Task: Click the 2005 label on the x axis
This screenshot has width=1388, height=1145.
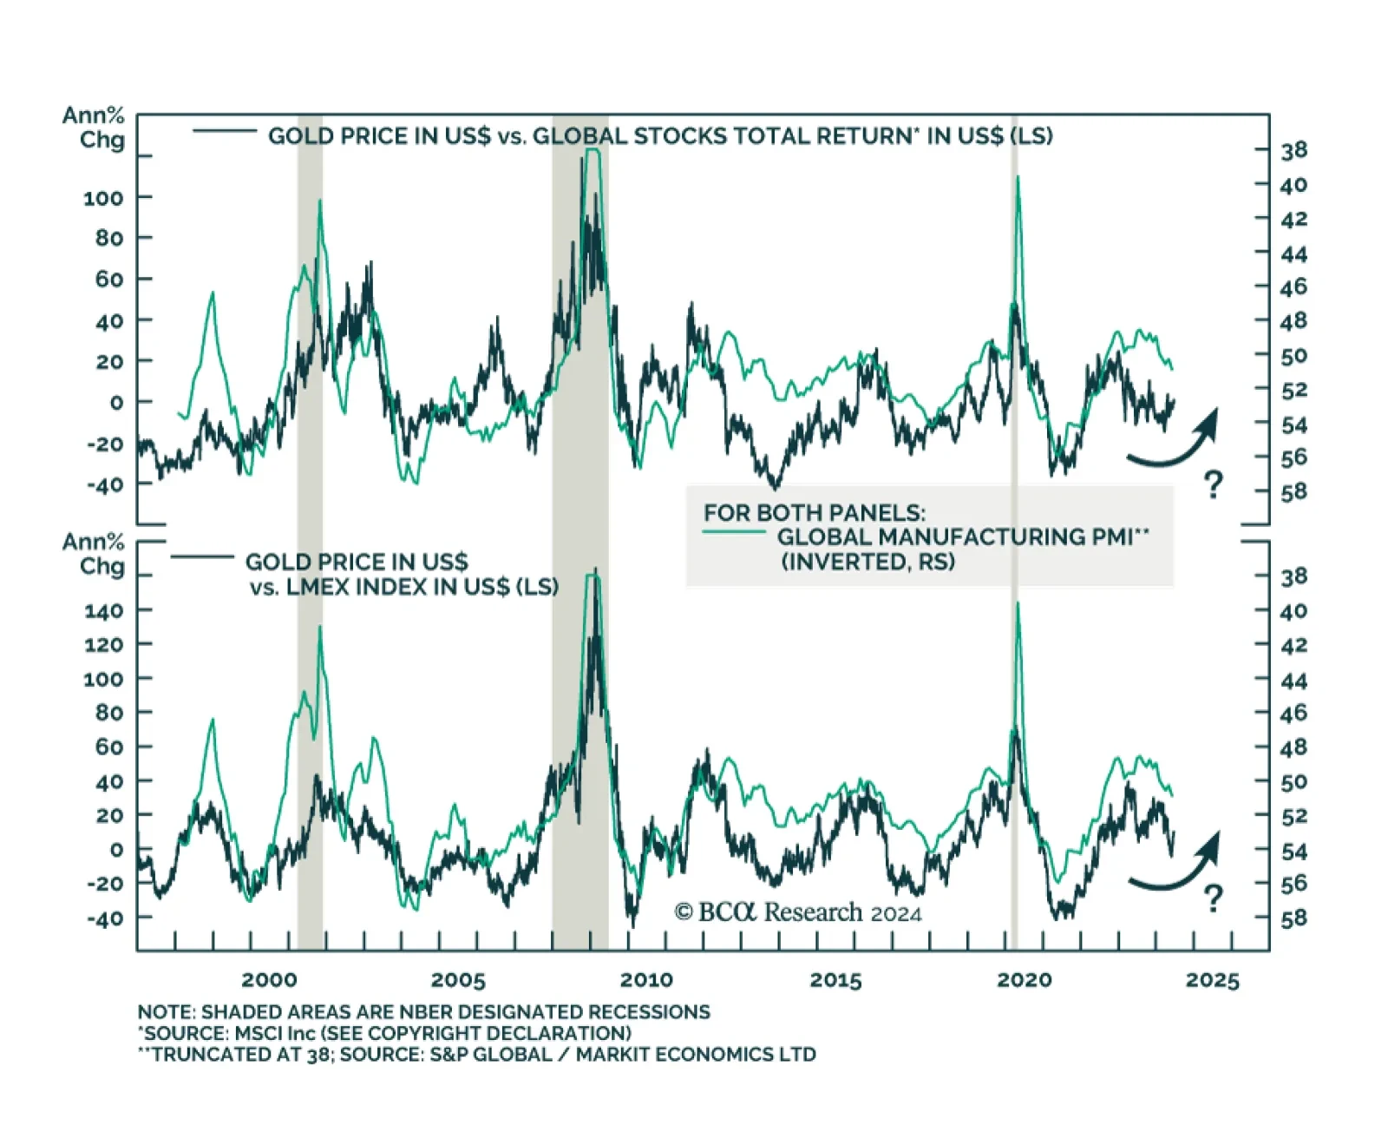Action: point(458,980)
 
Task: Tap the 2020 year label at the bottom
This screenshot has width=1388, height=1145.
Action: point(1024,980)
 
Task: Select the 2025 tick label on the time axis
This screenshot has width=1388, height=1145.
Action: point(1212,980)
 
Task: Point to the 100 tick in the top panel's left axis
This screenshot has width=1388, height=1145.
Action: point(103,198)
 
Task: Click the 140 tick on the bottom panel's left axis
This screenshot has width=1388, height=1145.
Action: point(103,611)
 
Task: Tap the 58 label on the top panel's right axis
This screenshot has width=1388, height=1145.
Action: point(1293,492)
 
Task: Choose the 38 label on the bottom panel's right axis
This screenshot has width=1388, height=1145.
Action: point(1293,576)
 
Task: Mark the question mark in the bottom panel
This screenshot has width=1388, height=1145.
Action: point(1213,898)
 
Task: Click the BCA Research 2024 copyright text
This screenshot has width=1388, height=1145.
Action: point(797,912)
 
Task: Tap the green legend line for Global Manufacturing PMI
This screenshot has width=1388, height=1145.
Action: point(734,530)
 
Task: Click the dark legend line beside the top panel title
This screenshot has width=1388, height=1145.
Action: point(225,131)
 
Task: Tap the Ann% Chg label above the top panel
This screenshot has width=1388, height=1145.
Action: point(94,128)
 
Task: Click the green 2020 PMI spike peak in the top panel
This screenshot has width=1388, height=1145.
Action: point(1017,178)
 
